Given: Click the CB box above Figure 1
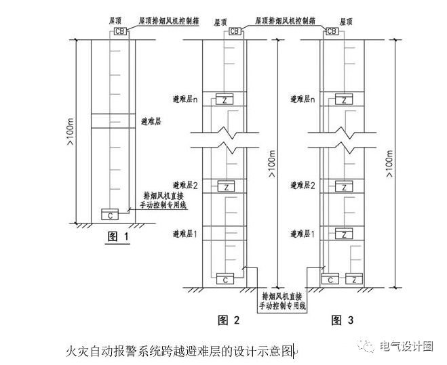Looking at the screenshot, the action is [120, 31].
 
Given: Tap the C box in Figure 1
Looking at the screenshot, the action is [110, 214].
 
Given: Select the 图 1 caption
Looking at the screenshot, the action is [118, 236].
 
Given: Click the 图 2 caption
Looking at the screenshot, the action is [229, 320].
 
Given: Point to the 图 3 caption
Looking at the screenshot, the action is [342, 320].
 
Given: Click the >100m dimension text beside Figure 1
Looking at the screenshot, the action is [70, 132].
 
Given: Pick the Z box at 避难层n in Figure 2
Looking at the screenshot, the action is [225, 99].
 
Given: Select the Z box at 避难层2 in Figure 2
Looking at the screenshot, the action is [227, 186].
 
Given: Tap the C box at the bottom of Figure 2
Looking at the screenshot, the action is [225, 279].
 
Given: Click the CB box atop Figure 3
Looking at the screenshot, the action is [332, 31].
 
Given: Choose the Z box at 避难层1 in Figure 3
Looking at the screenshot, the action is [344, 234].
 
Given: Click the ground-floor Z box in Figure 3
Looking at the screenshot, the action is [354, 279].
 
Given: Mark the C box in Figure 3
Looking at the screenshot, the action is [330, 279].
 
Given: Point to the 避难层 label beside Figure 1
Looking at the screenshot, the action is [151, 122].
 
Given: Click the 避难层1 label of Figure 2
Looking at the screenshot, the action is [185, 234].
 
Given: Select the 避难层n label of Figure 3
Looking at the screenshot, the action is [303, 100].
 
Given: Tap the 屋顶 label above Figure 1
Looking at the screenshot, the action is [115, 21].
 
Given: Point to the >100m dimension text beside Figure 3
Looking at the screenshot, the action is [390, 164].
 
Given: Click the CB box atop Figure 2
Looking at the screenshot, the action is [235, 31].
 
